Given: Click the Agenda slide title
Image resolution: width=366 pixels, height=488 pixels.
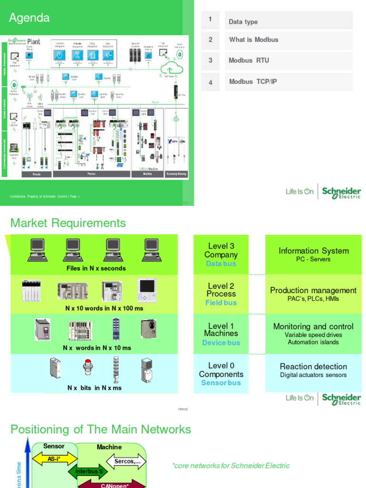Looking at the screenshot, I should [x=30, y=18].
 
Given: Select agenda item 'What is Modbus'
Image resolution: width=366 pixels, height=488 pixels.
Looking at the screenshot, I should [x=254, y=40].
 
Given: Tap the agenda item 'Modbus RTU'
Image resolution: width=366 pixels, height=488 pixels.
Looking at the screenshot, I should [x=249, y=61].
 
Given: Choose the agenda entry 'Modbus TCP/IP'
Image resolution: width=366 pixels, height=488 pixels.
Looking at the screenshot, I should [x=253, y=81].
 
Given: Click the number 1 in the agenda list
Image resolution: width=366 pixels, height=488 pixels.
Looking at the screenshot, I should [x=210, y=20].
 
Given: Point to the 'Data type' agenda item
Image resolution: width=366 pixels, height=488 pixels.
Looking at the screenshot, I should [x=243, y=22].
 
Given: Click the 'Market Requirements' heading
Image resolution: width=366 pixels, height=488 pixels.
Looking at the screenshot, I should [x=68, y=223].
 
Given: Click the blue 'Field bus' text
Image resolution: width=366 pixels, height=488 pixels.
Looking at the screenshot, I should [x=221, y=303].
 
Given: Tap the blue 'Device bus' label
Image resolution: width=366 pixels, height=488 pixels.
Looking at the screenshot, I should [x=221, y=343].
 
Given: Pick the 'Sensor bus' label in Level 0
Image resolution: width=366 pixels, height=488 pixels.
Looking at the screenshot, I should [x=221, y=383].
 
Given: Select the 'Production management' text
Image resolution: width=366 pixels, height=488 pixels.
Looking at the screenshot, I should [x=313, y=290].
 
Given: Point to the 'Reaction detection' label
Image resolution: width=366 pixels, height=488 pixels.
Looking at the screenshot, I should [x=313, y=366].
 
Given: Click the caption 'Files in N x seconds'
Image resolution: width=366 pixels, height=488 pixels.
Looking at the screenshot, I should [x=96, y=268].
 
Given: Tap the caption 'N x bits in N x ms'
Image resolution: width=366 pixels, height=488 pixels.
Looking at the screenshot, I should [x=94, y=388].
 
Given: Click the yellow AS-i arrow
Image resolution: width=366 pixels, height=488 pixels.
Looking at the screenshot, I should [x=54, y=459].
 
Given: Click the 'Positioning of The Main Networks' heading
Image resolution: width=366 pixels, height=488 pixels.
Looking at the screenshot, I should [x=101, y=429].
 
